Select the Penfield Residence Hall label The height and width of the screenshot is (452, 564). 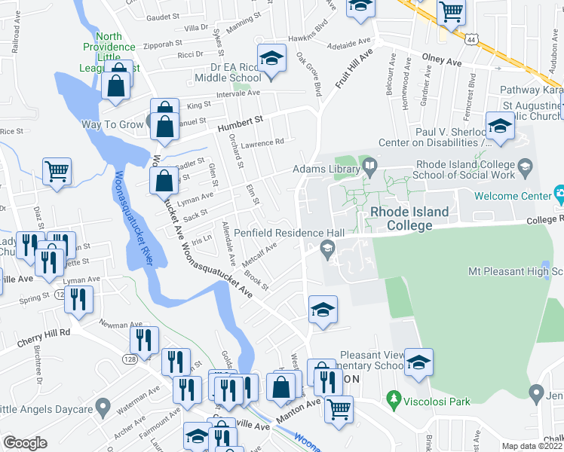(289, 234)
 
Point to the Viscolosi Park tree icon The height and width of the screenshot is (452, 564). (391, 396)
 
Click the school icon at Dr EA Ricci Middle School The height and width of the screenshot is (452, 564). (271, 57)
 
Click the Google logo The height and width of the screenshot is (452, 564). (24, 443)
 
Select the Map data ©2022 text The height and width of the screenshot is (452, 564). (532, 446)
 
